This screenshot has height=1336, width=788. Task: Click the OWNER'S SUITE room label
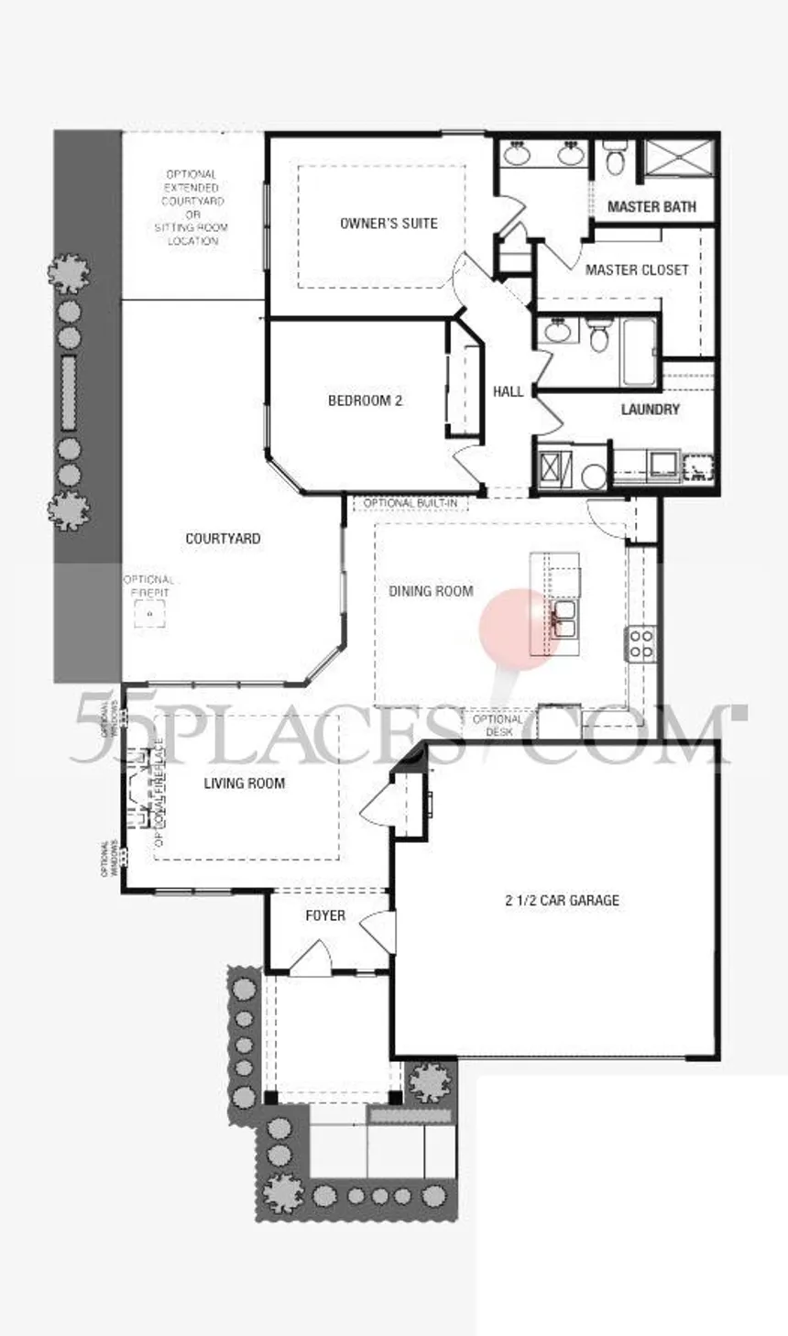pos(389,223)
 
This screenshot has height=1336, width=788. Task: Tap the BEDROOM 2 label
pos(365,400)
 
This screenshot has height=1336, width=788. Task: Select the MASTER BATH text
pos(651,207)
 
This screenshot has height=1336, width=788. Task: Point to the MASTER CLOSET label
pos(637,269)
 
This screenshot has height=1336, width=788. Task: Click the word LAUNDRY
pos(650,410)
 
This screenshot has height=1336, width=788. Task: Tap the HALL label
pos(508,391)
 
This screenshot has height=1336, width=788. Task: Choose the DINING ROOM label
pos(431,591)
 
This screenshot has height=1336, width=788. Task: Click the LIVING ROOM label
pos(244,783)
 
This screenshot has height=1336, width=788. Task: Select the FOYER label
pos(325,914)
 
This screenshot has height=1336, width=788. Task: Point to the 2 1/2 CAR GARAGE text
pos(562,900)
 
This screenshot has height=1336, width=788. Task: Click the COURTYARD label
pos(223,539)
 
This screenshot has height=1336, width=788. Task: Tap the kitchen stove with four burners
pos(641,643)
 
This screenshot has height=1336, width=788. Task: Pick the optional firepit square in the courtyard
pos(148,616)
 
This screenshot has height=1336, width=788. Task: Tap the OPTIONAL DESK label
pos(498,725)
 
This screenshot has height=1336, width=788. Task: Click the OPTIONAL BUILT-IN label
pos(410,503)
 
